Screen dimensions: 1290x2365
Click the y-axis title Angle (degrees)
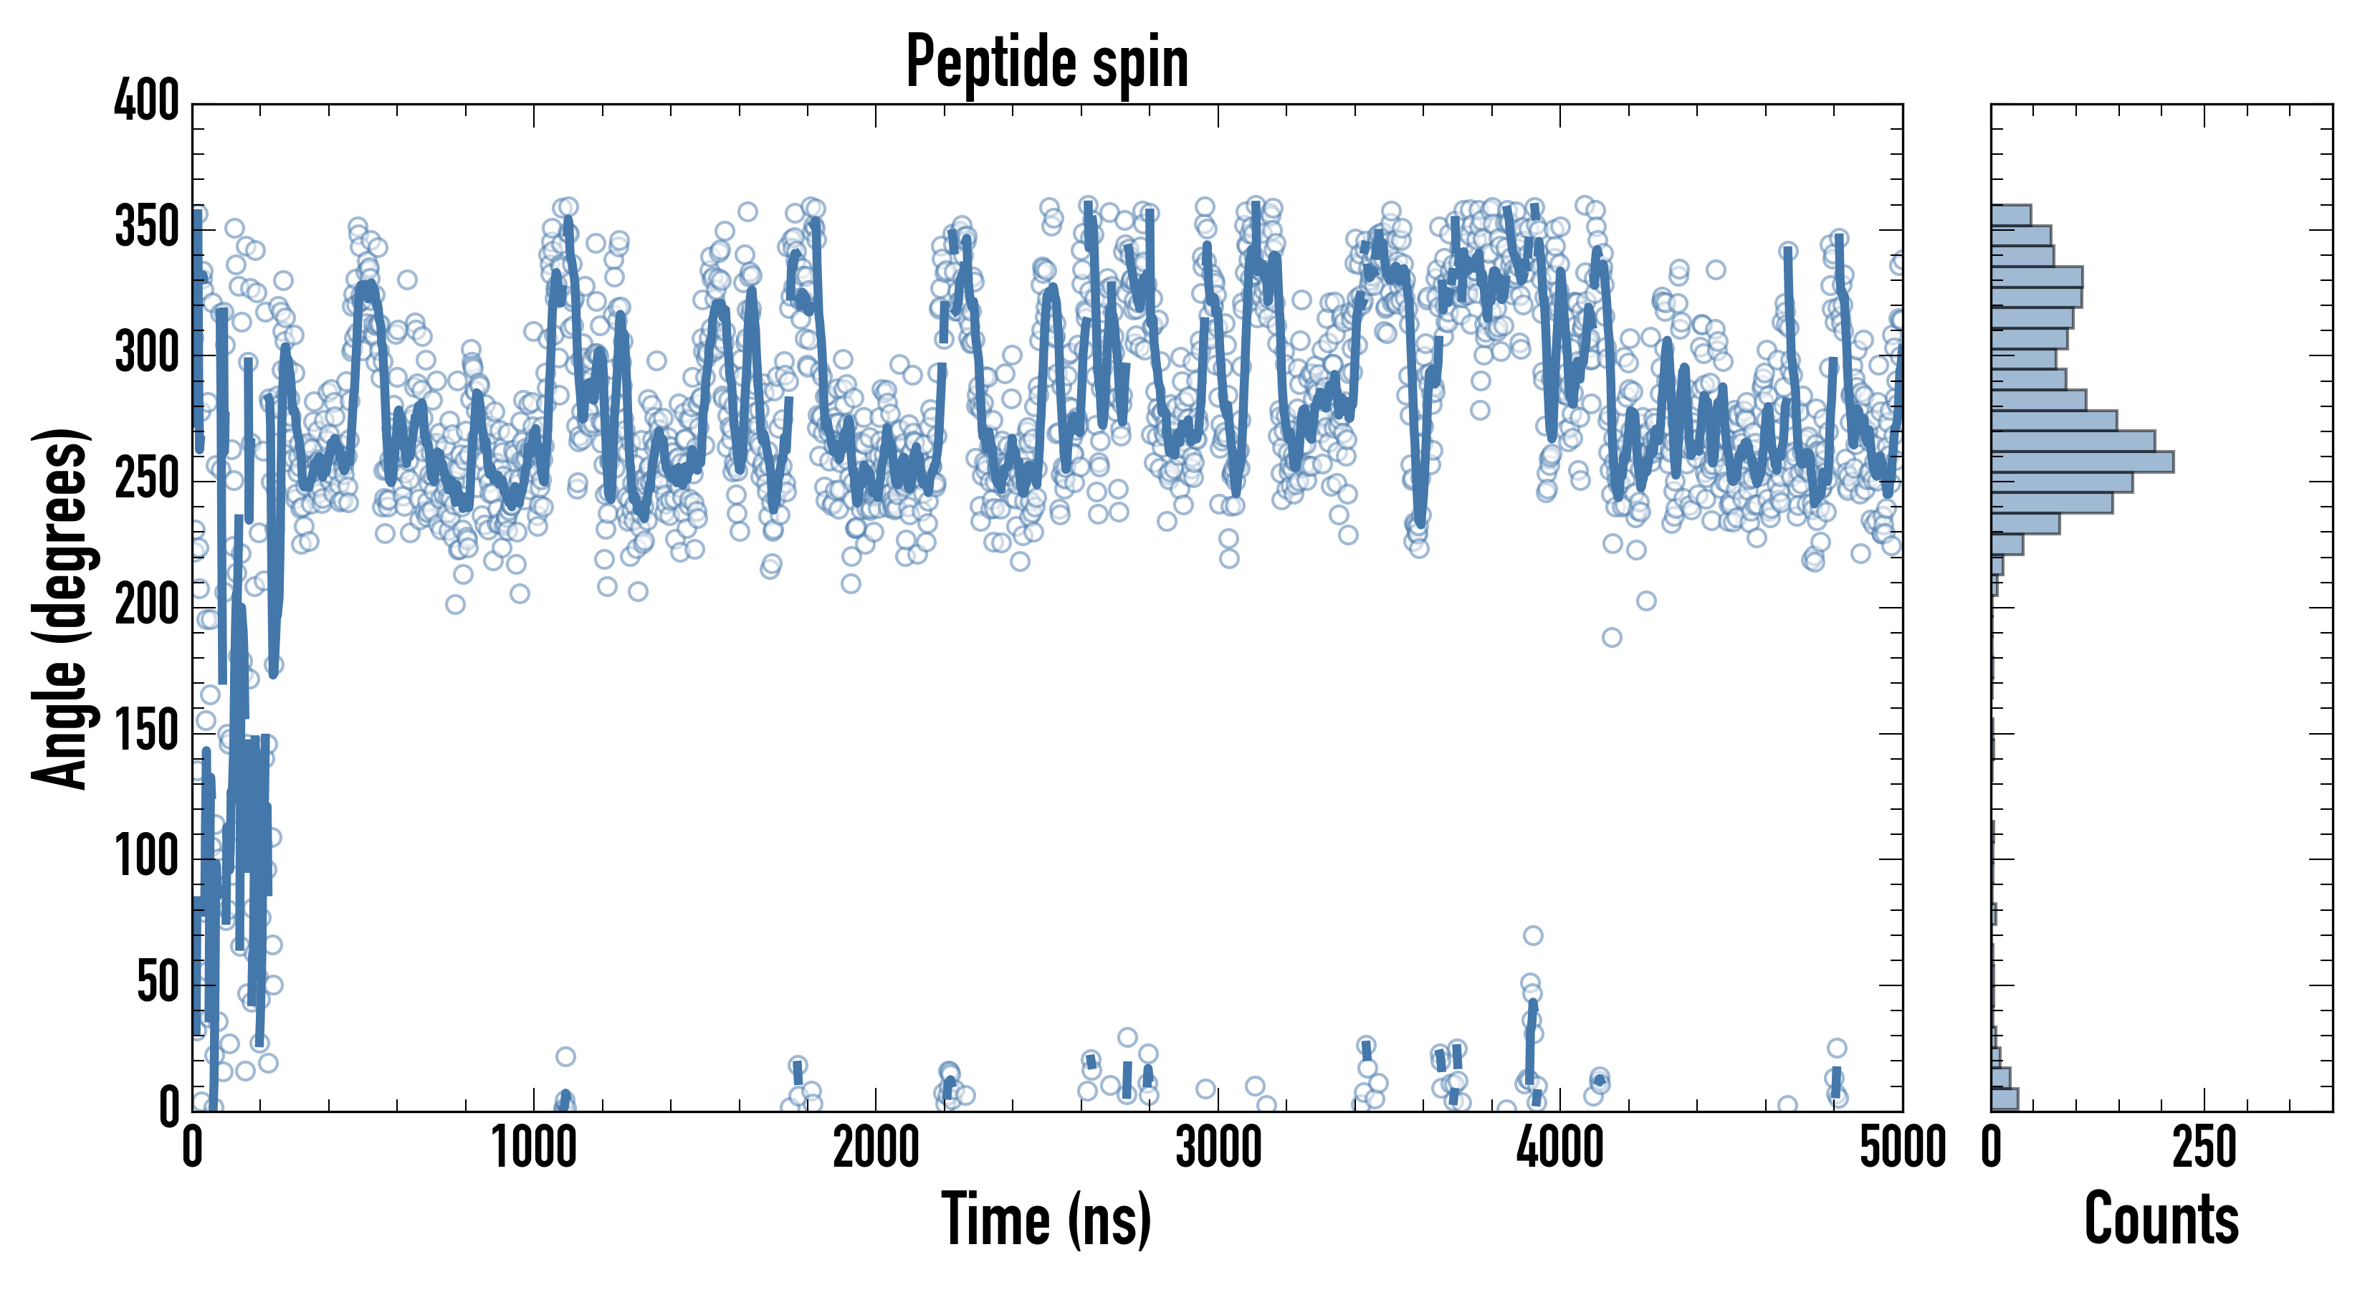61,608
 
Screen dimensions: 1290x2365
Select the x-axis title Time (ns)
1046,1218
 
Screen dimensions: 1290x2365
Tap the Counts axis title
2161,1218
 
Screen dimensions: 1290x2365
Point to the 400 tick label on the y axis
146,101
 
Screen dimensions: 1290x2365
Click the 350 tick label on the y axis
146,228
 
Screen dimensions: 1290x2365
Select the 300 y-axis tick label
146,353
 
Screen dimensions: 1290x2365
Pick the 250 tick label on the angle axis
146,479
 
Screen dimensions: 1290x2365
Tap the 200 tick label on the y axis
146,606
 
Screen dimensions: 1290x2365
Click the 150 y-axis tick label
146,732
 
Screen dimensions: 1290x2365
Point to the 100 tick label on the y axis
146,858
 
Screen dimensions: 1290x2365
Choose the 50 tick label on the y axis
157,983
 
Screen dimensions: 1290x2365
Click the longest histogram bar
2081,462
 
